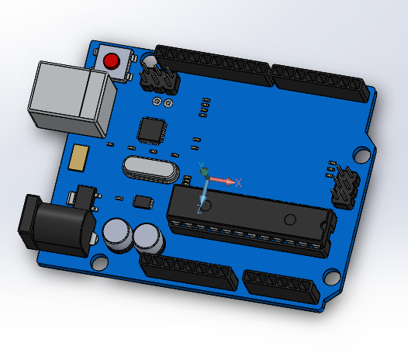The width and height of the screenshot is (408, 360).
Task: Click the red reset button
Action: (112, 61)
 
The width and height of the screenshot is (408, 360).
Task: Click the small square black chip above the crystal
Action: (151, 130)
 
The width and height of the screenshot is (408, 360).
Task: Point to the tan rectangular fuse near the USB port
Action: (78, 157)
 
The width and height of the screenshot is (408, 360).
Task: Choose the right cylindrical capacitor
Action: (147, 237)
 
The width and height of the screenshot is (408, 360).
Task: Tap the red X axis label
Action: (239, 183)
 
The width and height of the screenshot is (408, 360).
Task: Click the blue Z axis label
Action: (199, 209)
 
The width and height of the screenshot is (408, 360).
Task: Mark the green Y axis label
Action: (201, 166)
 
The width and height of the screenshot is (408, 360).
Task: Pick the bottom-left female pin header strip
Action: (188, 271)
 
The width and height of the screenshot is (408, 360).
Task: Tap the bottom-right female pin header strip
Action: (282, 287)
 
